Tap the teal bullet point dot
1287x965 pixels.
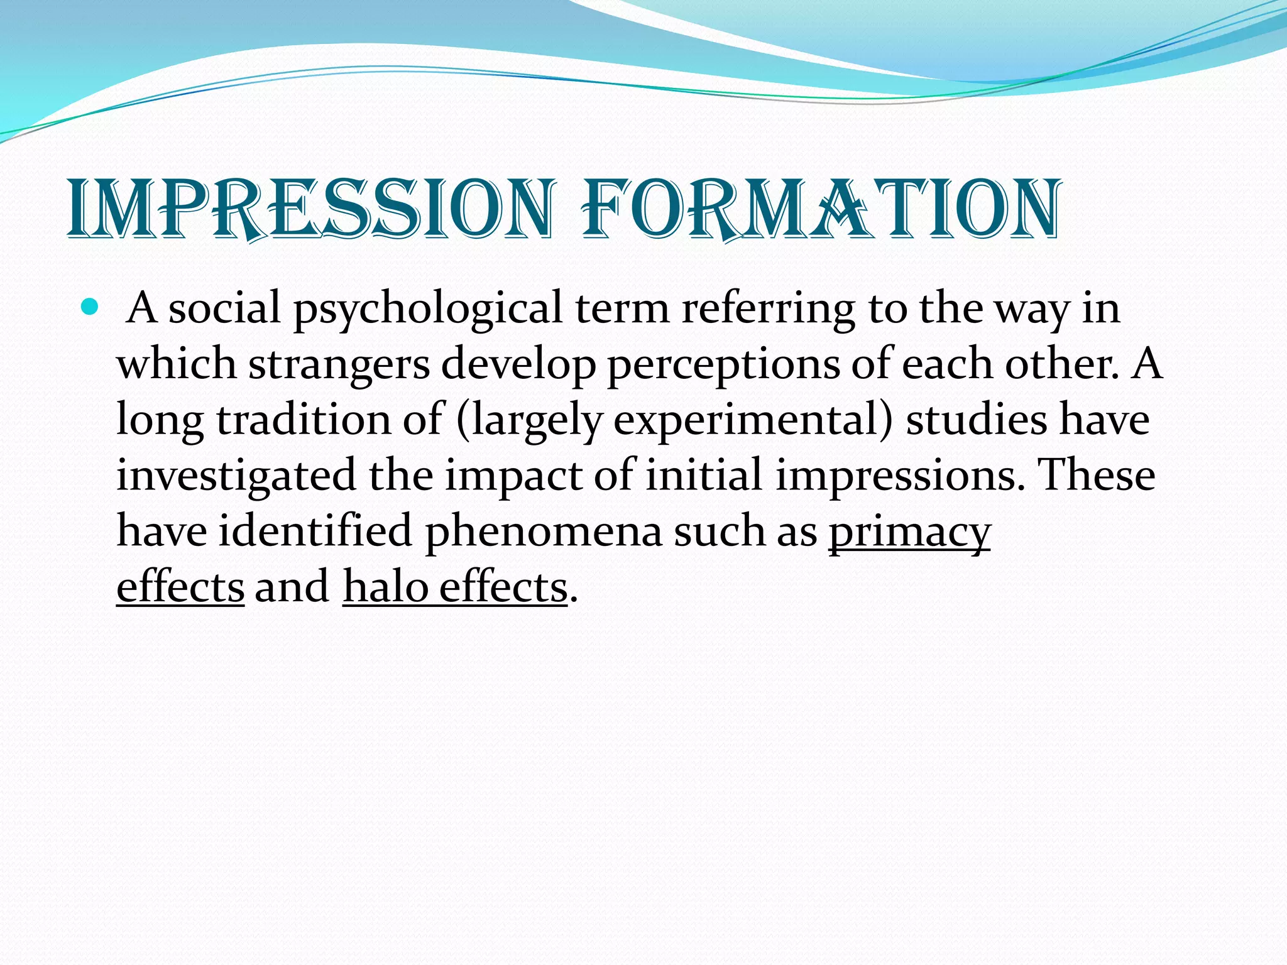90,308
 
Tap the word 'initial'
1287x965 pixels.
704,475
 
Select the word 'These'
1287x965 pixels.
1097,475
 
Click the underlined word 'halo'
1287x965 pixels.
385,587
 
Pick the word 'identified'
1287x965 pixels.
315,530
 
